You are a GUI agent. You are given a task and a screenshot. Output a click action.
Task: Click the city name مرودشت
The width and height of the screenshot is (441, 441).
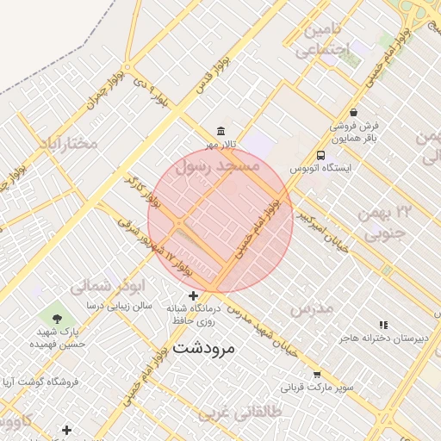tap(210, 348)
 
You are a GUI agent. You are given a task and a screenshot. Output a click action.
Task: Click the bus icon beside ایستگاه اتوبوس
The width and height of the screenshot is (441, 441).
tap(320, 156)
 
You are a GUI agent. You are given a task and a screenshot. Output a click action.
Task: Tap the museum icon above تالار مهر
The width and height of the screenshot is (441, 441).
tap(221, 131)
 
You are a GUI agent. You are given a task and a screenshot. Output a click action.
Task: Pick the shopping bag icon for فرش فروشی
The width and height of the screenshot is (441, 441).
tap(354, 112)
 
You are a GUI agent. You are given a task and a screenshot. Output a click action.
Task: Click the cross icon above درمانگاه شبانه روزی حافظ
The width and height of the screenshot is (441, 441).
tap(194, 295)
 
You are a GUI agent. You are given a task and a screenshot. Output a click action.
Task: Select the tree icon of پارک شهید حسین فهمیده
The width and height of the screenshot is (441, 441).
tap(58, 316)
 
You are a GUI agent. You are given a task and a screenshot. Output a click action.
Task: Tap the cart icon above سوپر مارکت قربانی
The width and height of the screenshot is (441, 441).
tap(316, 375)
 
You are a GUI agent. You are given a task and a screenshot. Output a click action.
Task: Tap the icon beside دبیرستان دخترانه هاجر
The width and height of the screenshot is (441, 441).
tap(383, 325)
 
